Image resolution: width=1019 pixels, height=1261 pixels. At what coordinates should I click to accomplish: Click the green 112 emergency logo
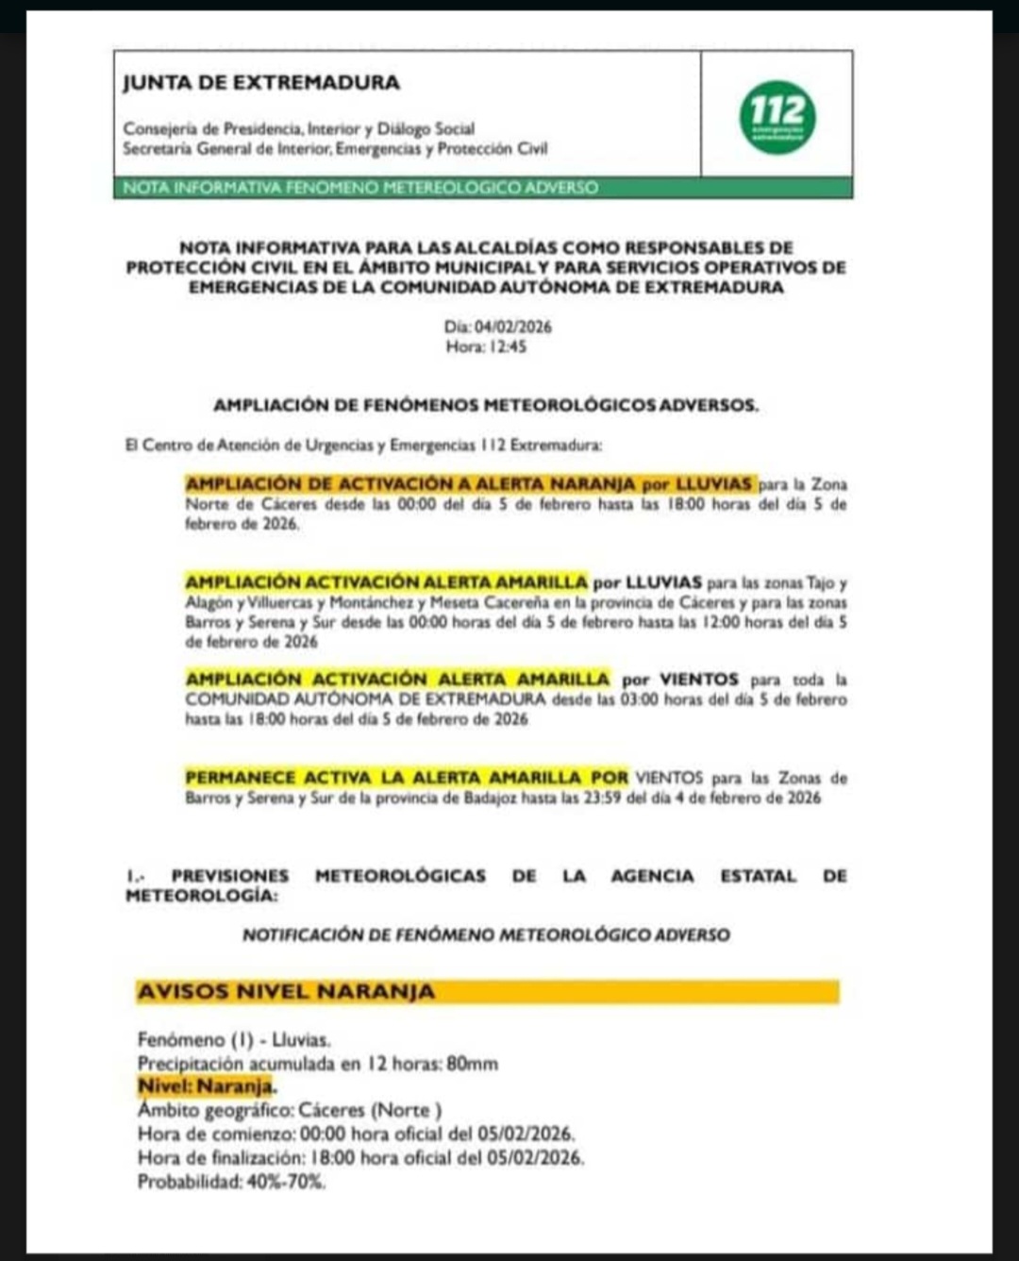[x=777, y=117]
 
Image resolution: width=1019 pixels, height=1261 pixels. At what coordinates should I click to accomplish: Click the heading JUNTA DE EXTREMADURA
[x=261, y=83]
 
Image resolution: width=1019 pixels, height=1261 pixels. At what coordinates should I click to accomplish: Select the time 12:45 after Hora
[x=508, y=346]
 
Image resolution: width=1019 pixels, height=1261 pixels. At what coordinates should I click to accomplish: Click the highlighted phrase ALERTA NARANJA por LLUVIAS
[x=613, y=484]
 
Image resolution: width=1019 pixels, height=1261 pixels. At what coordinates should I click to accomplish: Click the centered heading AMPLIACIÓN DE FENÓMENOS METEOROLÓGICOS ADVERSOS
[x=486, y=405]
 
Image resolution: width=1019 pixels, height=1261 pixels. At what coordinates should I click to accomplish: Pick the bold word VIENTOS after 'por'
[x=698, y=680]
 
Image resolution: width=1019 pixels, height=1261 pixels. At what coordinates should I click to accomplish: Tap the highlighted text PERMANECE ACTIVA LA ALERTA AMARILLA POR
[x=407, y=778]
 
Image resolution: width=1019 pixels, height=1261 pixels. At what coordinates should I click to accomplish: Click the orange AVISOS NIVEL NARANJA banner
[x=488, y=992]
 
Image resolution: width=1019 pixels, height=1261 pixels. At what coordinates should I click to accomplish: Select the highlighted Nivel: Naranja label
[x=206, y=1086]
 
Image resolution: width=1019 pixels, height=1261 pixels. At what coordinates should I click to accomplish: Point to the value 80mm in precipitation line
[x=472, y=1064]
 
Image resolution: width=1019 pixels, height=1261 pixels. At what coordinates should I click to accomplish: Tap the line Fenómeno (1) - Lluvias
[x=234, y=1040]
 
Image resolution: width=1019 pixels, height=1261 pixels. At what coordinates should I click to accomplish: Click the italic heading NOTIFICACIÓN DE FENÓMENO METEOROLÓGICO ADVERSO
[x=486, y=934]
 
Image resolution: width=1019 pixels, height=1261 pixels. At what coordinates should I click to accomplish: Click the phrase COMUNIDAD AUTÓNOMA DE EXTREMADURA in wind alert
[x=365, y=699]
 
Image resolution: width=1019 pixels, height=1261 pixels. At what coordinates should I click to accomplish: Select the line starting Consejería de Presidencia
[x=299, y=128]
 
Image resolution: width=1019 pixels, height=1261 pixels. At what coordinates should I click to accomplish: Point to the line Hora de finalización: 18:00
[x=360, y=1157]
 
